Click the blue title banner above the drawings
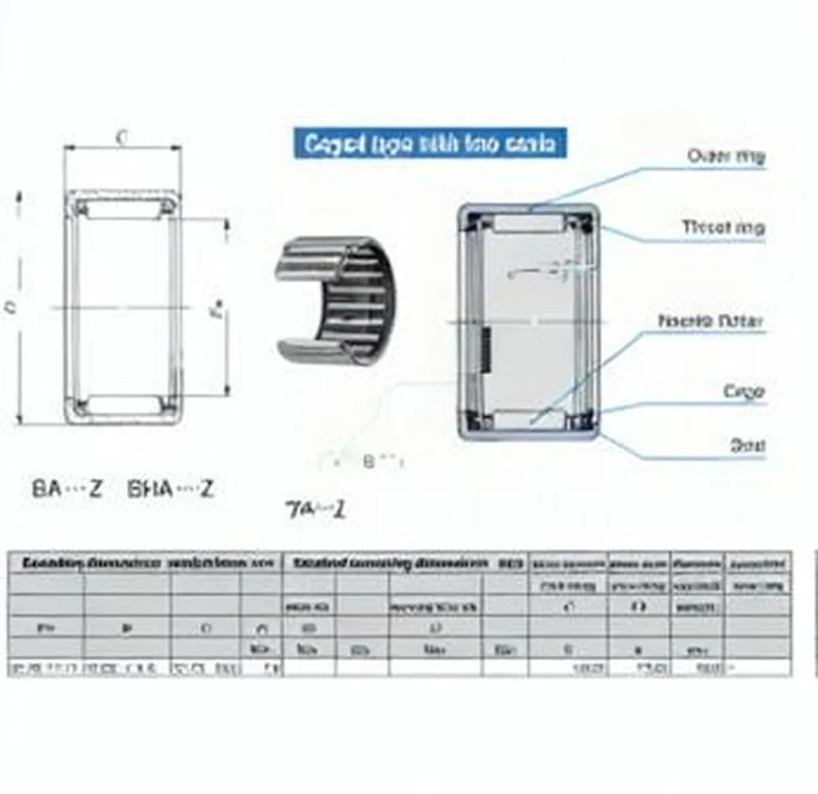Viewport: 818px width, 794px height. pos(429,144)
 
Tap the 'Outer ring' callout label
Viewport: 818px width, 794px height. pos(726,156)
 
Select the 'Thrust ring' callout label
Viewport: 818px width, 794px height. pos(723,227)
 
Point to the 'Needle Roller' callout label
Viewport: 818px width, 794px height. pos(710,321)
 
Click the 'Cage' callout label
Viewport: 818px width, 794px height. pos(744,392)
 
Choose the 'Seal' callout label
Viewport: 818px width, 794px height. pos(747,446)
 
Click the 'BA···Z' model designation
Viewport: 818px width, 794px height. pos(67,489)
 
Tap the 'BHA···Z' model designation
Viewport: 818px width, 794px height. pos(170,489)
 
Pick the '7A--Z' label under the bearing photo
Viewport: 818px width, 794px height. pos(316,509)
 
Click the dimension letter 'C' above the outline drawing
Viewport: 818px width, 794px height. pos(122,138)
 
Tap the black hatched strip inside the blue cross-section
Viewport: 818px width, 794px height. pos(487,350)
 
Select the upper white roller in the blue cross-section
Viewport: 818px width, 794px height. pos(528,224)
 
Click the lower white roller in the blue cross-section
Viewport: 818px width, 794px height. pos(528,419)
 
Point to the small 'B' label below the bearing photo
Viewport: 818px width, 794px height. pos(369,461)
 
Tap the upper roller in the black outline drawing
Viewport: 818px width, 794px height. pos(123,209)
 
